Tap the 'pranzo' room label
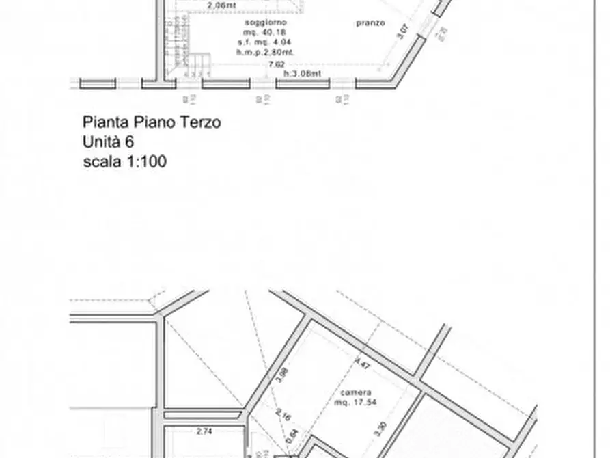click(x=370, y=23)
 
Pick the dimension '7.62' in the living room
click(x=277, y=65)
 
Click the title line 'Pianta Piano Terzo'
click(x=152, y=122)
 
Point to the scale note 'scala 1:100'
click(x=124, y=162)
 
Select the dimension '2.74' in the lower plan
click(x=204, y=432)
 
